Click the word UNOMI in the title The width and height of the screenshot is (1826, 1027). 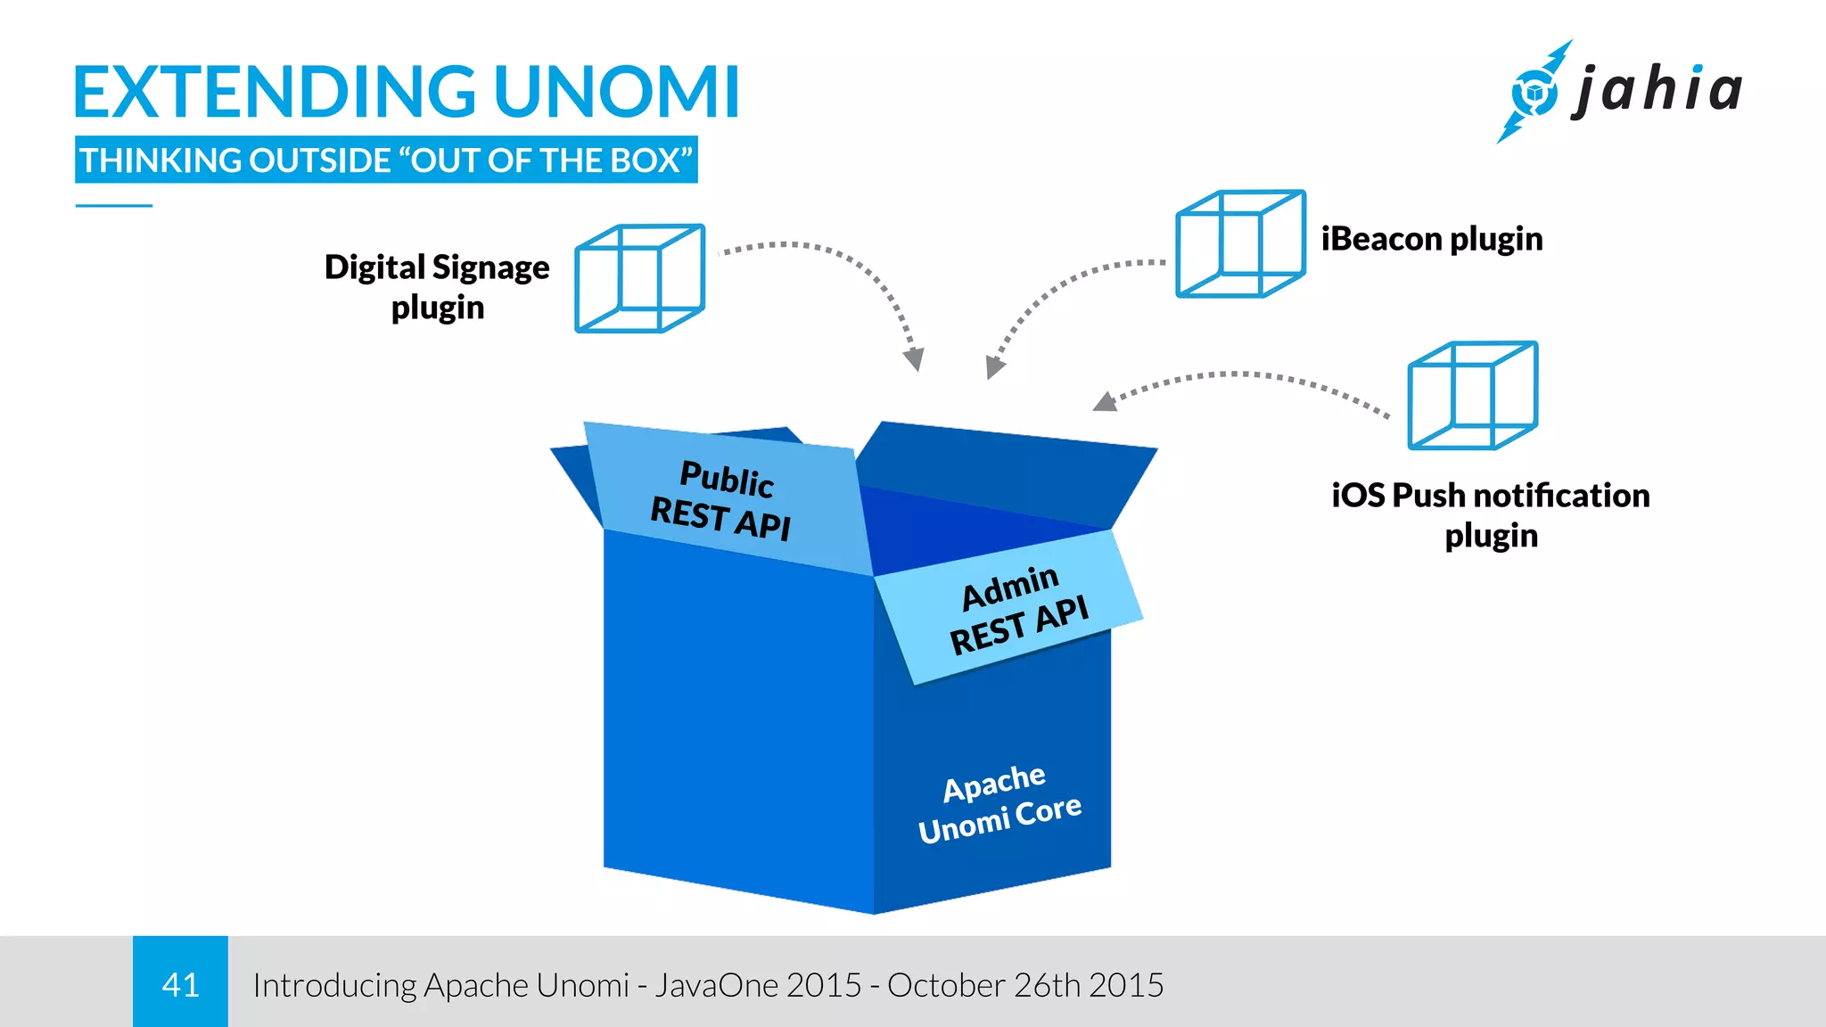coord(616,92)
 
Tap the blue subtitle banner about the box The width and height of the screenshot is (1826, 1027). coord(386,160)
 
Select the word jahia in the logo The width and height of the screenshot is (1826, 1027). coord(1657,90)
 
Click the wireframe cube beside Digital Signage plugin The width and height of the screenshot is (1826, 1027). coord(639,278)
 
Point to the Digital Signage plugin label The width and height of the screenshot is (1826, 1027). coord(437,287)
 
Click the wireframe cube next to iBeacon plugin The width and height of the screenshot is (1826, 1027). coord(1240,243)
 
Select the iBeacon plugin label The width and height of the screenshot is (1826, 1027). coord(1431,239)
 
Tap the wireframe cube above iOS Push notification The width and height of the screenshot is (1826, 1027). coord(1472,395)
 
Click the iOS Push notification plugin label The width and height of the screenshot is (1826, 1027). coord(1491,515)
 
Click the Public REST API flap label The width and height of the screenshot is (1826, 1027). coord(723,500)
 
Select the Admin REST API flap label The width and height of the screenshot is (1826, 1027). coord(1017,610)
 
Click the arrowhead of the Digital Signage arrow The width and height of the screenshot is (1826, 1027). coord(914,359)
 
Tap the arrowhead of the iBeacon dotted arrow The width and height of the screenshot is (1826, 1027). coord(994,366)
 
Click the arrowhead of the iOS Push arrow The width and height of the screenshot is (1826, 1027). coord(1106,402)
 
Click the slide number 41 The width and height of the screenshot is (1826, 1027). coord(180,985)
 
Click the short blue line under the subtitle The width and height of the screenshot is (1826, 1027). coord(114,206)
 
